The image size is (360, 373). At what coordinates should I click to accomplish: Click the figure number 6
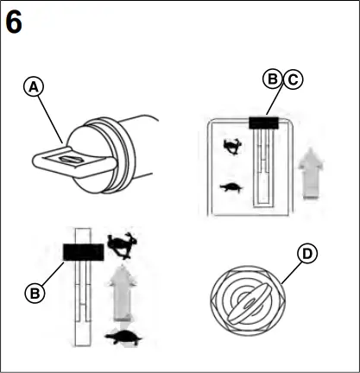[x=14, y=21]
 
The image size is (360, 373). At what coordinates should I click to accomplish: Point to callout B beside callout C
[x=272, y=79]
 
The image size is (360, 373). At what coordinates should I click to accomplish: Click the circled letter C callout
[x=292, y=79]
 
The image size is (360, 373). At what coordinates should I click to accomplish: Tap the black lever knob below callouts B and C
[x=262, y=123]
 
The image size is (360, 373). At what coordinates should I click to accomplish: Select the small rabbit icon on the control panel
[x=231, y=148]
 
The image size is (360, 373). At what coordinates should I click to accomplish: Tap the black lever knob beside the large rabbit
[x=84, y=251]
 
